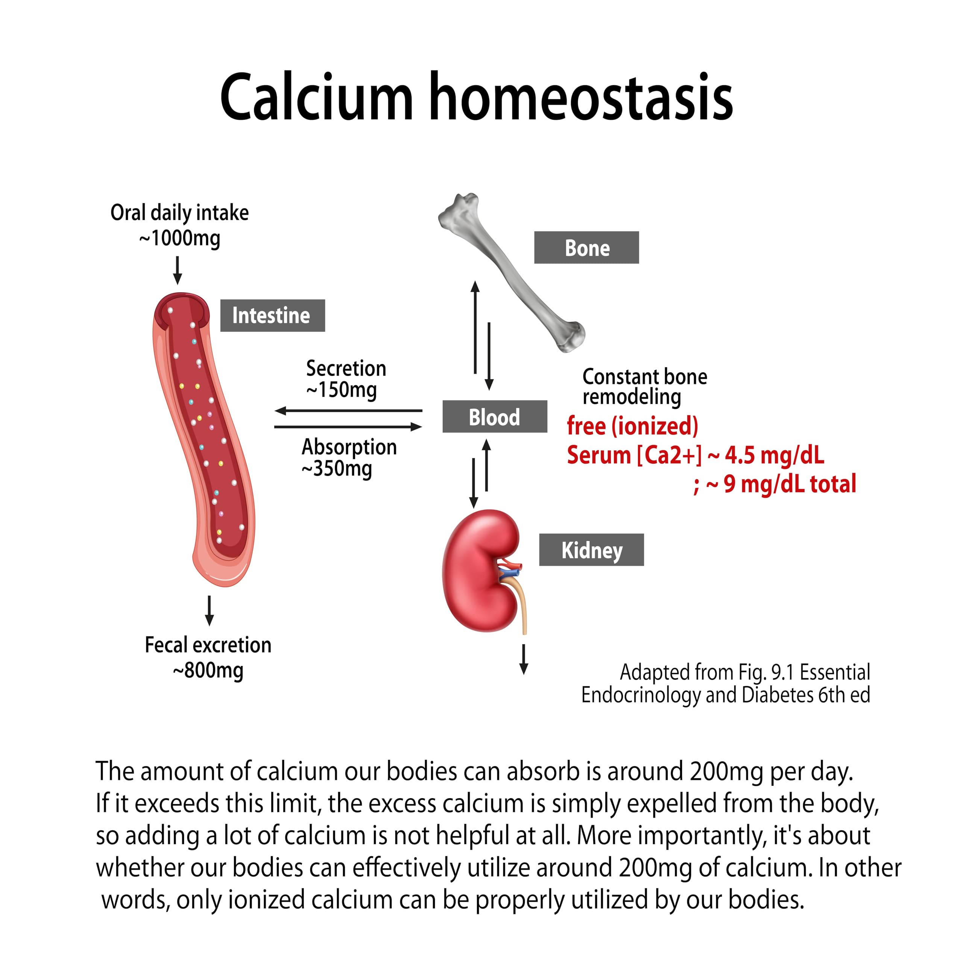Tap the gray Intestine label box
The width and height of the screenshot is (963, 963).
(x=273, y=316)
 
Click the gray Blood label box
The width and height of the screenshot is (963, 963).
(x=494, y=416)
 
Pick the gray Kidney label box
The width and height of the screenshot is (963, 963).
(x=591, y=550)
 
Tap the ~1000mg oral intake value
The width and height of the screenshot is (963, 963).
(x=179, y=238)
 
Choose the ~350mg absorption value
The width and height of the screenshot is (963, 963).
(x=337, y=469)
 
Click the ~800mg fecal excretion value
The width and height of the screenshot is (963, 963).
(x=208, y=670)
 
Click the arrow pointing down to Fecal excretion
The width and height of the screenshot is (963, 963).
(x=210, y=611)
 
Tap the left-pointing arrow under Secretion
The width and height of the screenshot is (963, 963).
(x=348, y=411)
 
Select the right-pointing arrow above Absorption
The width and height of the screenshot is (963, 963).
(x=348, y=427)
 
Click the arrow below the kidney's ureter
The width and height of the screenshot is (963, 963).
(x=523, y=659)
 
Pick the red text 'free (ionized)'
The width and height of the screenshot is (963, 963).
(x=632, y=426)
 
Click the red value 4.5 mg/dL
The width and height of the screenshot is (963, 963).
(x=775, y=454)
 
